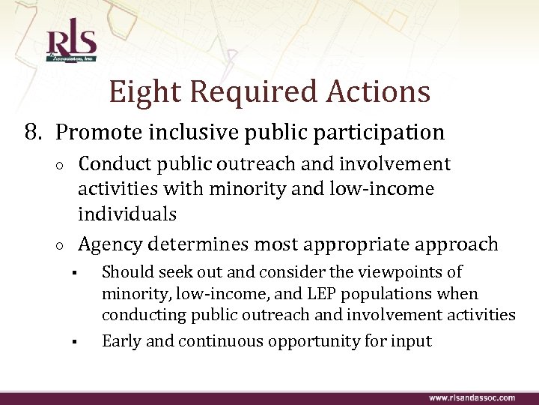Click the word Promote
(x=97, y=133)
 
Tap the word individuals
(x=127, y=214)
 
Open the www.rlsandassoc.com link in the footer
(x=472, y=397)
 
